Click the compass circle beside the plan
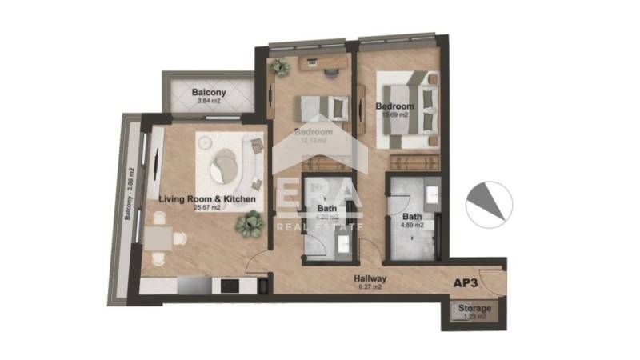click(489, 203)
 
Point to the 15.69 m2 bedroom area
click(393, 115)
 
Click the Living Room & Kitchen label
click(206, 198)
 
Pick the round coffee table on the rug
click(226, 165)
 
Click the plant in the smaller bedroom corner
click(278, 67)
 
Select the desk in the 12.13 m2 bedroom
click(319, 62)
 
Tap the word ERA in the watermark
click(319, 202)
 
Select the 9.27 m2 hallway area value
click(370, 286)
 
